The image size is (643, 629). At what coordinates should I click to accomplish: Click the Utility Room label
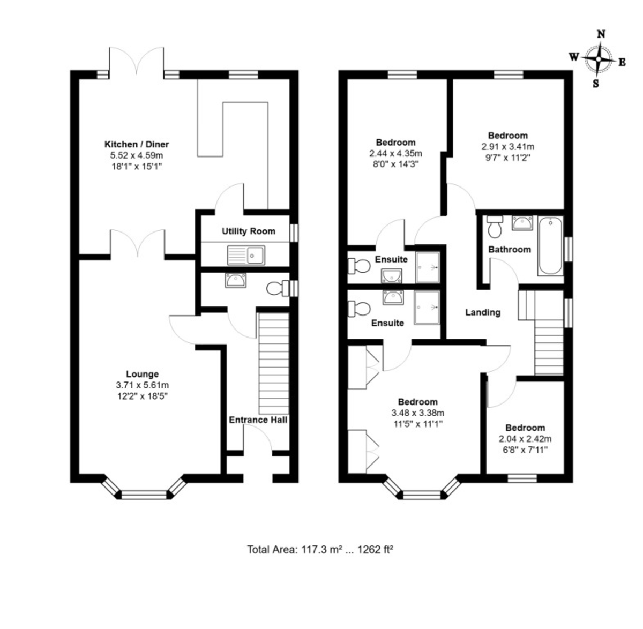pyautogui.click(x=248, y=231)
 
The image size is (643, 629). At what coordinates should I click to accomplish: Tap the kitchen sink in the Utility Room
pyautogui.click(x=246, y=255)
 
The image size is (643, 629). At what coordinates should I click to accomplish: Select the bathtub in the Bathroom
pyautogui.click(x=550, y=245)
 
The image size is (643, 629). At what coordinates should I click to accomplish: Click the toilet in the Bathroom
pyautogui.click(x=495, y=227)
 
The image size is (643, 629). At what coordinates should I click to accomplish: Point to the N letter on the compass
pyautogui.click(x=601, y=34)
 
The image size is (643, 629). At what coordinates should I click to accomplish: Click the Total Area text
pyautogui.click(x=320, y=549)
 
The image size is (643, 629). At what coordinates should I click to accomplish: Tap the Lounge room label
pyautogui.click(x=142, y=374)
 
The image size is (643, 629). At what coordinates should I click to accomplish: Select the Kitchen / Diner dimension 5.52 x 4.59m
pyautogui.click(x=137, y=155)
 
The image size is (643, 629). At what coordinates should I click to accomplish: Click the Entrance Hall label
pyautogui.click(x=258, y=420)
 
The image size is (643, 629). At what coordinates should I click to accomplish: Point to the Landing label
pyautogui.click(x=483, y=312)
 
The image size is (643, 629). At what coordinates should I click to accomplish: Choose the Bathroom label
pyautogui.click(x=510, y=250)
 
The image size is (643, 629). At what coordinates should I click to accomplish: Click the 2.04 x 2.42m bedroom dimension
pyautogui.click(x=525, y=439)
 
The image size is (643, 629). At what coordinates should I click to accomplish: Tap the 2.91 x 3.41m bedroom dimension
pyautogui.click(x=507, y=146)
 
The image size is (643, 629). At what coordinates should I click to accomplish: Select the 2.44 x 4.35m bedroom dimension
pyautogui.click(x=395, y=153)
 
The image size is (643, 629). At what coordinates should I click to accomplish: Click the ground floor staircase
pyautogui.click(x=274, y=363)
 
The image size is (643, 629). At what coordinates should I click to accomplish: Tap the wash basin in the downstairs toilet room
pyautogui.click(x=236, y=280)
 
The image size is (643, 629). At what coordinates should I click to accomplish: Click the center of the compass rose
pyautogui.click(x=599, y=59)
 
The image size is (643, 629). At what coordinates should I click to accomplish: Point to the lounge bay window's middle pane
pyautogui.click(x=144, y=495)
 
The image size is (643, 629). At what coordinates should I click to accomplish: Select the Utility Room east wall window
pyautogui.click(x=294, y=233)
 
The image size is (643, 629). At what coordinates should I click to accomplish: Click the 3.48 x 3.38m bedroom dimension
pyautogui.click(x=417, y=413)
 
